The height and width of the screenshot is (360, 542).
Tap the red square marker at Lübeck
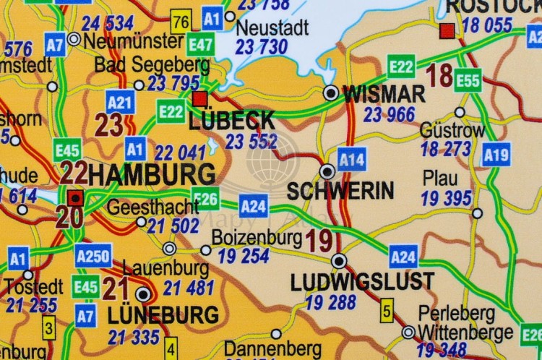pos(200,98)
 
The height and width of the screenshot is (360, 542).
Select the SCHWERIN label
pos(340,192)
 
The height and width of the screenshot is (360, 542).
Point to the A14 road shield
pos(352,158)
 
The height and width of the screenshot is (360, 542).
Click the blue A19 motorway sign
pos(496,153)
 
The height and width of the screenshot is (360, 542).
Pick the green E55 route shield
pos(468,80)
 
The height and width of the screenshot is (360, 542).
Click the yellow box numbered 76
pos(181,22)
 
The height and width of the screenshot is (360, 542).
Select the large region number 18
pos(439,75)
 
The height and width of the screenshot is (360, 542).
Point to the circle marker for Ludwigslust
pos(339,261)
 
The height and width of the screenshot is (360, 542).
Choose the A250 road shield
pos(93,254)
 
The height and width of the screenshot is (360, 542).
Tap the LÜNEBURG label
pos(163,316)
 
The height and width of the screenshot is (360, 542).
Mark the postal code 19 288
pos(330,302)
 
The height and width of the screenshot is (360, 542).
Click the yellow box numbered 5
pos(387,312)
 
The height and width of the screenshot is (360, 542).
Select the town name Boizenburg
pos(257,238)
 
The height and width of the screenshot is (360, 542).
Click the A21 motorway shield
pos(120,102)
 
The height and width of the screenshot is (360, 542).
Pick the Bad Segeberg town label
pos(152,65)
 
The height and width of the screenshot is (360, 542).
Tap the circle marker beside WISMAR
pos(331,93)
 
